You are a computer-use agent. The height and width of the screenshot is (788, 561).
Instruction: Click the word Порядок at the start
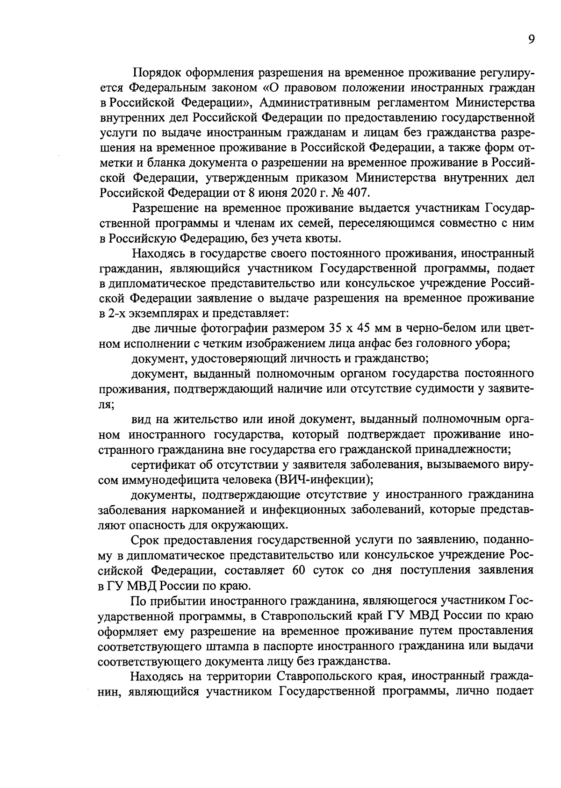click(x=156, y=73)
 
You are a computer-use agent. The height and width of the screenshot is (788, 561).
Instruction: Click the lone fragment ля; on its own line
click(x=106, y=404)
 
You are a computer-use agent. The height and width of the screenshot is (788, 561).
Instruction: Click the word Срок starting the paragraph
click(x=145, y=540)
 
